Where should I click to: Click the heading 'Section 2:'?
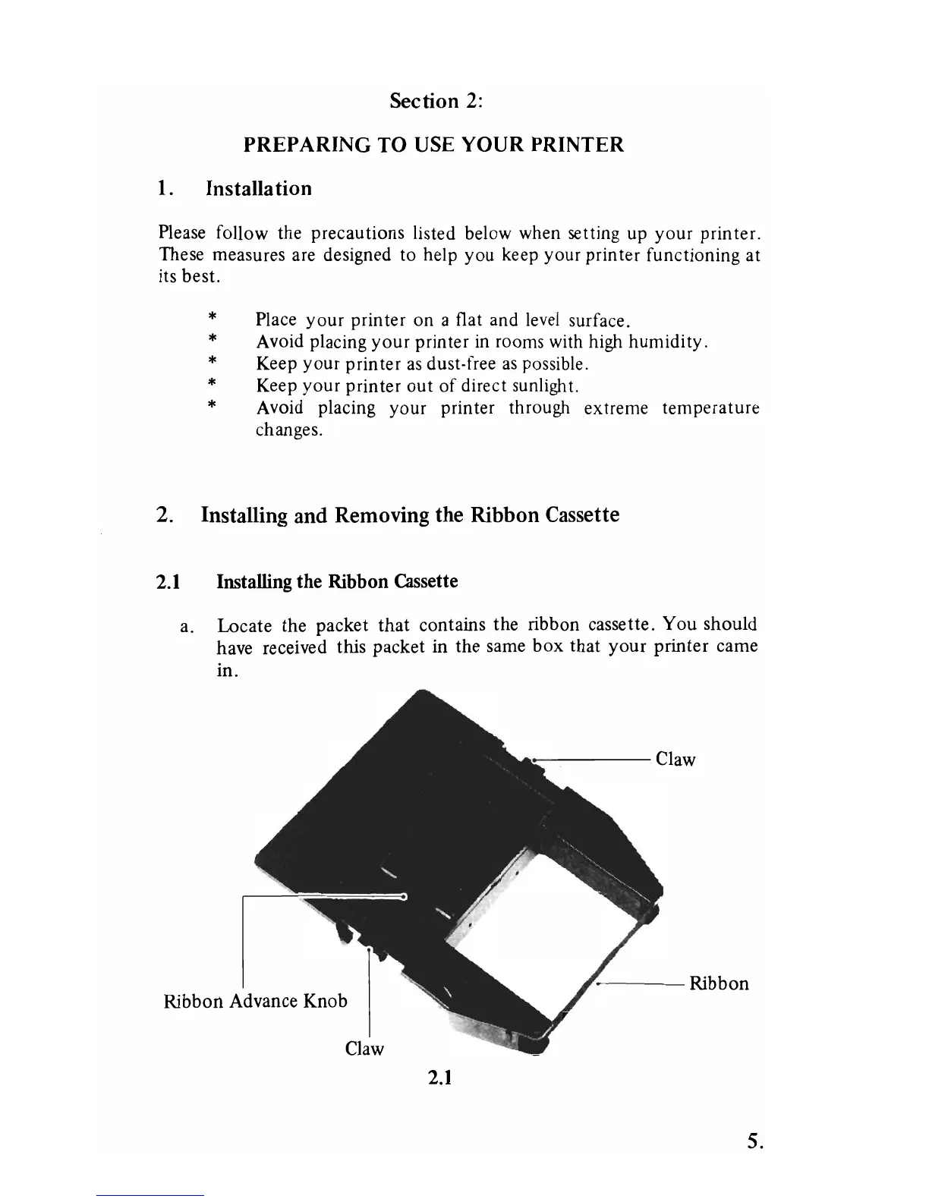[436, 101]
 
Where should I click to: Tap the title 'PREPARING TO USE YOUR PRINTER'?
[433, 144]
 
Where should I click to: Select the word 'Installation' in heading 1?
[259, 188]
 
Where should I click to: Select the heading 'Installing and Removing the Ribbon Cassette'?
[410, 515]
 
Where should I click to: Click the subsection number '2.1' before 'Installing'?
[168, 582]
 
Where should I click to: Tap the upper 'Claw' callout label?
[675, 760]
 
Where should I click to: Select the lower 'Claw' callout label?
[364, 1049]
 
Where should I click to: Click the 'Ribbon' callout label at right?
[719, 983]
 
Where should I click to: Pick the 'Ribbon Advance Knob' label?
[255, 1001]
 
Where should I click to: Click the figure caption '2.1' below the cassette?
[439, 1077]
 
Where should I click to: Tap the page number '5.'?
[754, 1141]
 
